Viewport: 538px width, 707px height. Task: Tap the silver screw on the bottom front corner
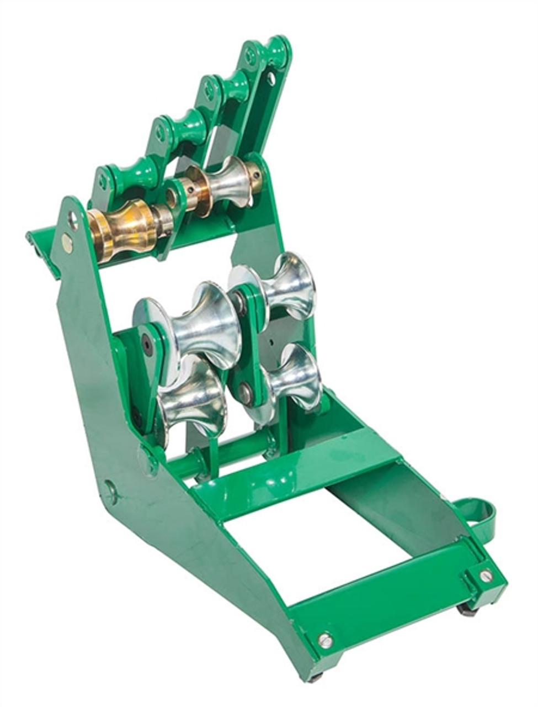(325, 640)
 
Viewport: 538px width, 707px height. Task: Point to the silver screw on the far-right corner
(485, 576)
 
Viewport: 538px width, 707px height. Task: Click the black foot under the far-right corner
(466, 610)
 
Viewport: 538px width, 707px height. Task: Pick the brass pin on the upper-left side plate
(67, 242)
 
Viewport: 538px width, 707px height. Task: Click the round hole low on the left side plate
(110, 489)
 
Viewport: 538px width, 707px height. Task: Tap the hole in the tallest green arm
(271, 78)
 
